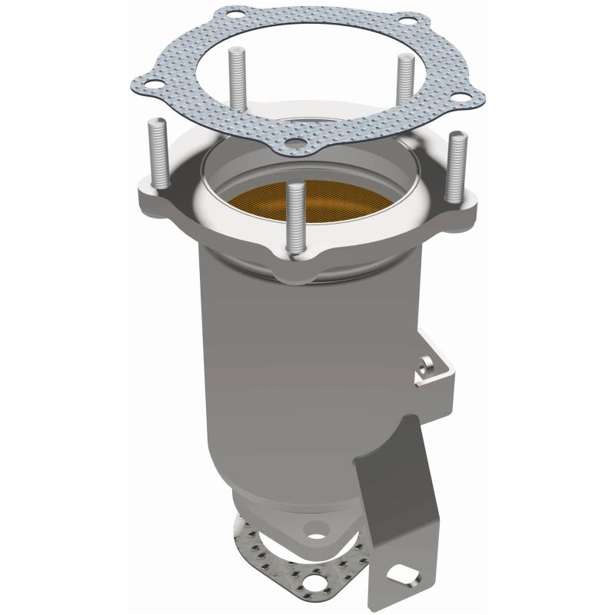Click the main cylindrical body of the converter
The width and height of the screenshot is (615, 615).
pos(292,346)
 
